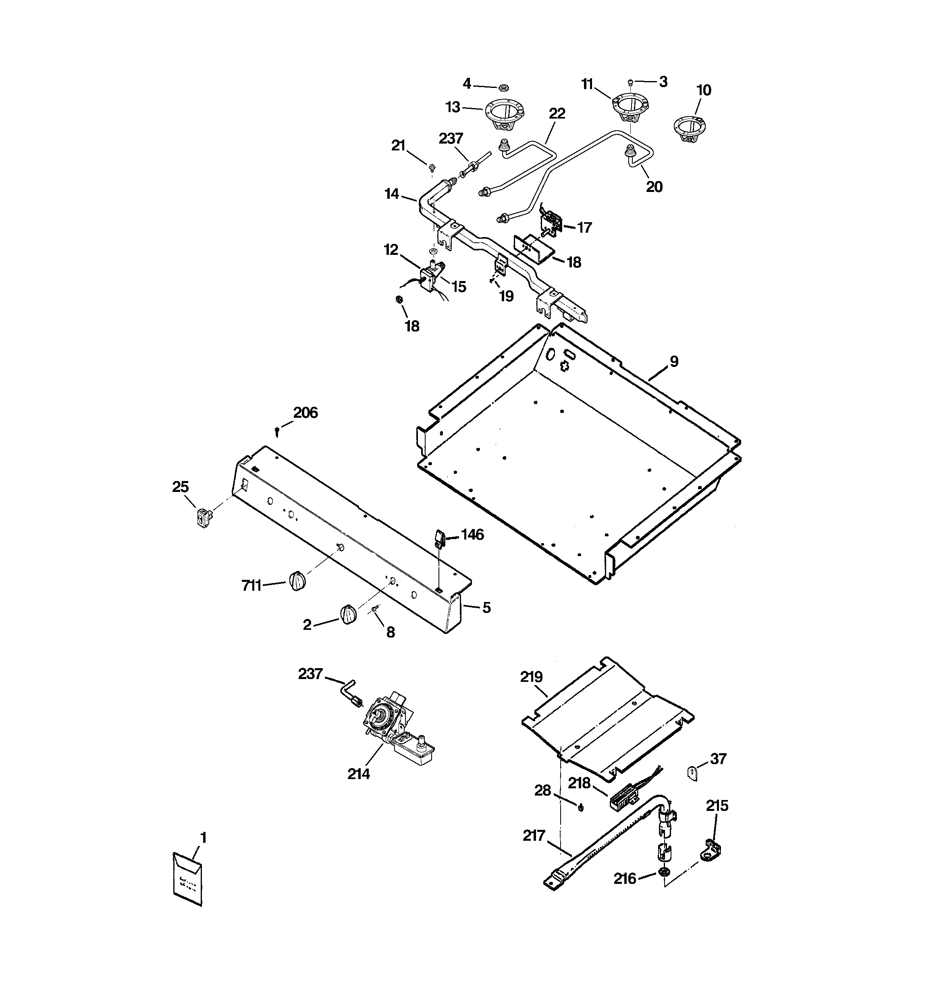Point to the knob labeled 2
tap(348, 615)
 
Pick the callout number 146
tap(472, 535)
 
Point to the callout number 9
tap(673, 361)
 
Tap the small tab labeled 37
tap(693, 772)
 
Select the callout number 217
tap(534, 835)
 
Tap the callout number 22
tap(557, 113)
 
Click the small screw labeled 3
tap(631, 82)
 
